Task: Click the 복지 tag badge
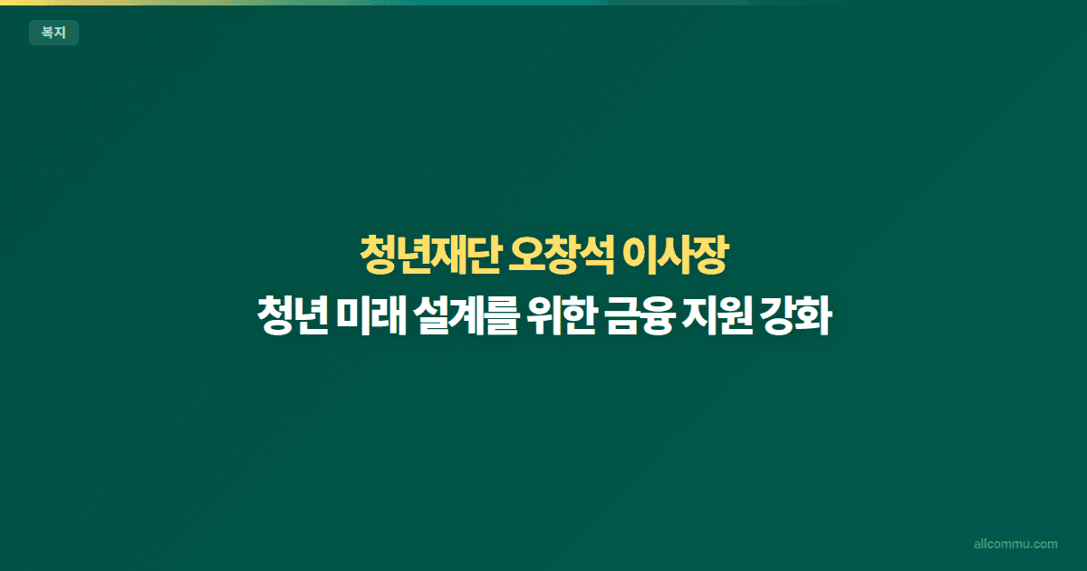click(53, 34)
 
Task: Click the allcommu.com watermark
click(1015, 544)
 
